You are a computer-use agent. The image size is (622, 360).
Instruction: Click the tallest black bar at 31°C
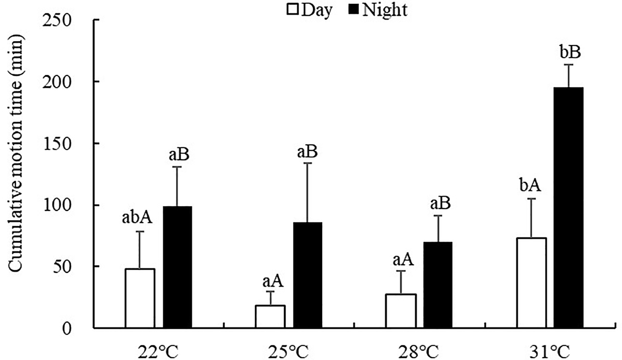(569, 207)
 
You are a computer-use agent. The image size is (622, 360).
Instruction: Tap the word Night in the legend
(384, 9)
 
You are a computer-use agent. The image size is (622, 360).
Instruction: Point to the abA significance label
(137, 218)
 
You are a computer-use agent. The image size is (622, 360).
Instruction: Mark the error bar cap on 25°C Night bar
(308, 163)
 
